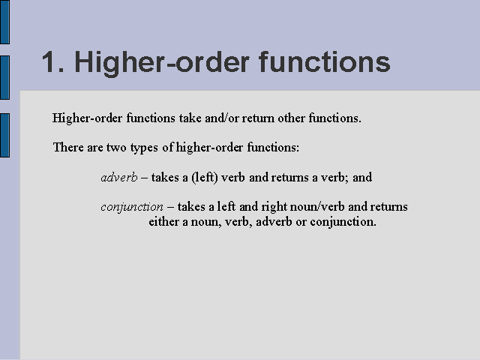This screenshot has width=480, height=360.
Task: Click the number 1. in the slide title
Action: pyautogui.click(x=53, y=62)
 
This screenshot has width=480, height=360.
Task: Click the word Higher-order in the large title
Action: pyautogui.click(x=162, y=63)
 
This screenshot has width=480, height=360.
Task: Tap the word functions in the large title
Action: pyautogui.click(x=325, y=61)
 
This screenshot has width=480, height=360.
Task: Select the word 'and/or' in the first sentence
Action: pyautogui.click(x=222, y=118)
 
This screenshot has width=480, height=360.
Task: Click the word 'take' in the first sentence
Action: pyautogui.click(x=190, y=118)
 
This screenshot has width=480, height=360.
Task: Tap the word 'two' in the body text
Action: pyautogui.click(x=116, y=148)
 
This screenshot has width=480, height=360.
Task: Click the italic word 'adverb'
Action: pyautogui.click(x=119, y=177)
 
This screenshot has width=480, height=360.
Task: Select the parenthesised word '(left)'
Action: pyautogui.click(x=205, y=177)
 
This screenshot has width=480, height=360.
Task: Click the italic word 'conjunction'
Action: pyautogui.click(x=132, y=207)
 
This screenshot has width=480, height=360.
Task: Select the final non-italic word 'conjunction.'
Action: pyautogui.click(x=343, y=222)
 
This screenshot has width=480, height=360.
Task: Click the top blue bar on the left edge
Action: pyautogui.click(x=5, y=22)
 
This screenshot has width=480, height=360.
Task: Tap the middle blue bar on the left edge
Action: pyautogui.click(x=5, y=77)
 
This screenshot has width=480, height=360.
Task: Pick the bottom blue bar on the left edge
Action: pyautogui.click(x=5, y=135)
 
